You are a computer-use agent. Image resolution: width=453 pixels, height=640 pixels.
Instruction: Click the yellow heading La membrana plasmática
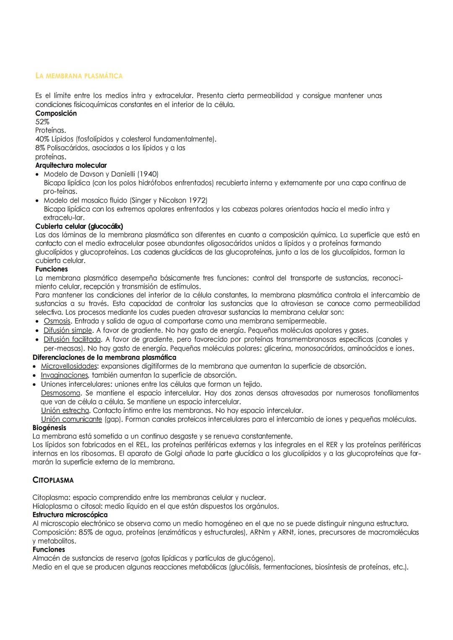(79, 76)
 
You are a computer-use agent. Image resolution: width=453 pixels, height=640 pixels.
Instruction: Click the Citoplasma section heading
(53, 480)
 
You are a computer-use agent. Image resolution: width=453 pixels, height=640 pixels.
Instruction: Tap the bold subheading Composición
(56, 113)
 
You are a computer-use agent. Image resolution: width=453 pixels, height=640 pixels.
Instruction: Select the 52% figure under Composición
(42, 122)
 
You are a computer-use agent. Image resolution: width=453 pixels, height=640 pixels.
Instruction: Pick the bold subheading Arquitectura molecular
(71, 165)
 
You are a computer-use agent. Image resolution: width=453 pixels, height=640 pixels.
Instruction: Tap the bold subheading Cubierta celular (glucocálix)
(79, 226)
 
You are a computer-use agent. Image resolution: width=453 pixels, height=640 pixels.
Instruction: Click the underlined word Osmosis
(57, 321)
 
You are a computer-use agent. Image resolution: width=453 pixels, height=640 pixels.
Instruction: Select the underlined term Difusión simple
(68, 330)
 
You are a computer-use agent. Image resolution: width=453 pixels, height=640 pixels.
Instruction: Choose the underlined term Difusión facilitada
(72, 339)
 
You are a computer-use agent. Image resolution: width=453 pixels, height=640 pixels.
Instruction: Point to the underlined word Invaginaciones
(64, 375)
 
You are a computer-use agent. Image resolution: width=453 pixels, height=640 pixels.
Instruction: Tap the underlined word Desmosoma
(60, 393)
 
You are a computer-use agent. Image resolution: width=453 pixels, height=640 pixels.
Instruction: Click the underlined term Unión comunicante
(71, 419)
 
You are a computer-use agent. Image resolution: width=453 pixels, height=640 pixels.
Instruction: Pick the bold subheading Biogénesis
(49, 428)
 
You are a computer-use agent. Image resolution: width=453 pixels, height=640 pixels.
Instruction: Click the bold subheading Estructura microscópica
(70, 515)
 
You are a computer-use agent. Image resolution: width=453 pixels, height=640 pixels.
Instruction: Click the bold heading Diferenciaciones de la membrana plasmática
(104, 358)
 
